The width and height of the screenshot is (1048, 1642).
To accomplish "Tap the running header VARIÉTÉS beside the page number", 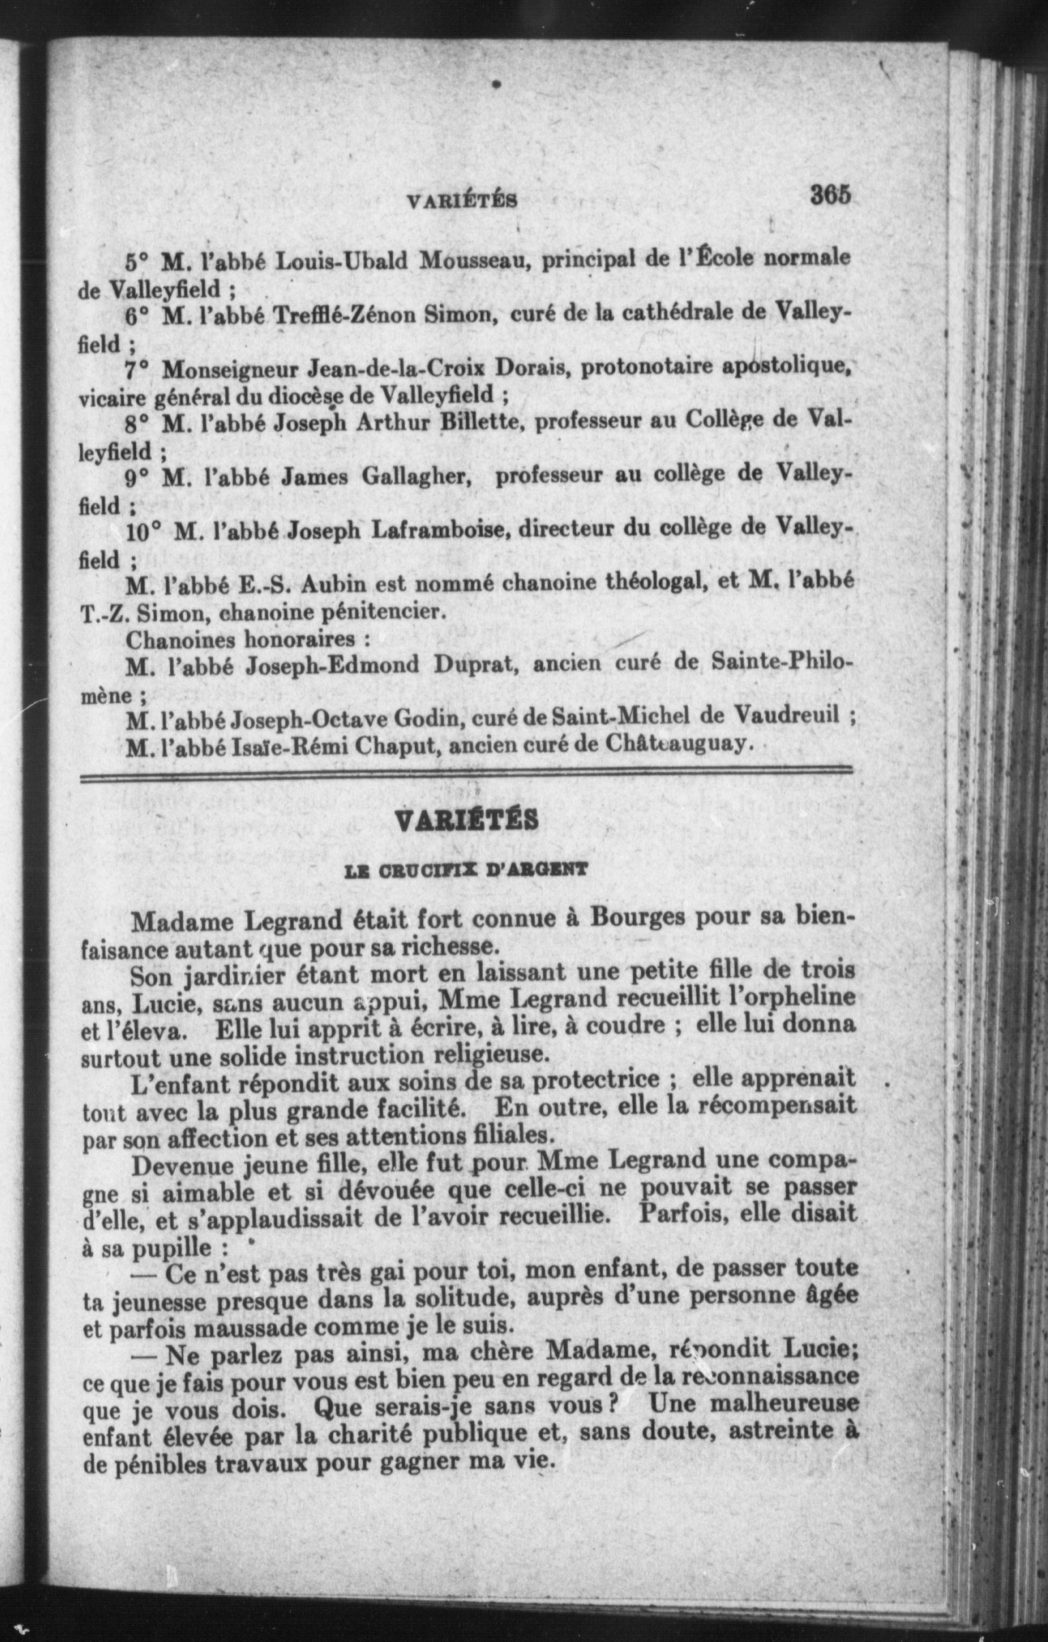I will (x=461, y=201).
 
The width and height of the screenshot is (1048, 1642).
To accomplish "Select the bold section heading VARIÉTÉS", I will (x=467, y=820).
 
